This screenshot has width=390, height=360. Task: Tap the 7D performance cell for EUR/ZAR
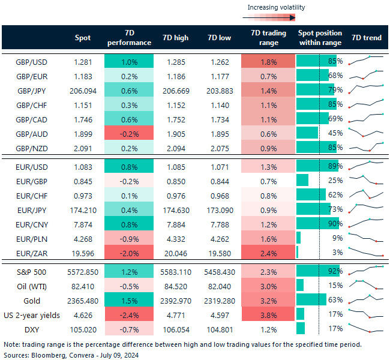[128, 252]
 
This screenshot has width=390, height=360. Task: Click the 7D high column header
[175, 38]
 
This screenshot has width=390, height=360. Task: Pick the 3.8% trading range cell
[268, 313]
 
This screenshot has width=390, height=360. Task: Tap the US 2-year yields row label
[32, 313]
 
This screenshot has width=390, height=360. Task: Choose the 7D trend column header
[366, 38]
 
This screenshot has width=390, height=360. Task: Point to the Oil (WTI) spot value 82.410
[84, 284]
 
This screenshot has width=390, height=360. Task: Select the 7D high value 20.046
[175, 252]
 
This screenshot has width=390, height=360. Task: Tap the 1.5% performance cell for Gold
[128, 299]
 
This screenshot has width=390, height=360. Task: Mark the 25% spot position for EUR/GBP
[335, 180]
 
